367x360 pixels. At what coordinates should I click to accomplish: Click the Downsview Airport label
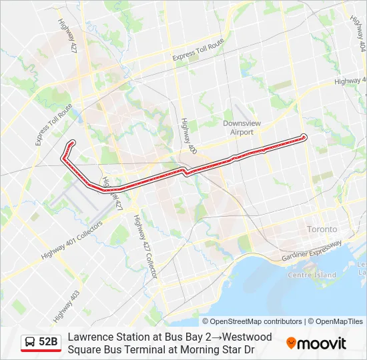pyautogui.click(x=238, y=127)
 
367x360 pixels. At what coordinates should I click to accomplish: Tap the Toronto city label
pyautogui.click(x=322, y=229)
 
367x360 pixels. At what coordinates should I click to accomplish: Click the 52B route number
pyautogui.click(x=48, y=342)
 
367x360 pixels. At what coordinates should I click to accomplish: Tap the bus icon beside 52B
pyautogui.click(x=30, y=342)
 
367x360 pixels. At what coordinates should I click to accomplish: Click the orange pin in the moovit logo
pyautogui.click(x=291, y=343)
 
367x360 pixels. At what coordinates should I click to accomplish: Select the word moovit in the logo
pyautogui.click(x=322, y=343)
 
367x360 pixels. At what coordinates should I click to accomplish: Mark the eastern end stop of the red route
pyautogui.click(x=304, y=137)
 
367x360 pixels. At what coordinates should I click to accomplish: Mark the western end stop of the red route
pyautogui.click(x=71, y=143)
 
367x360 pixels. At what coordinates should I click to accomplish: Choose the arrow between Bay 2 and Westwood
pyautogui.click(x=216, y=337)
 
